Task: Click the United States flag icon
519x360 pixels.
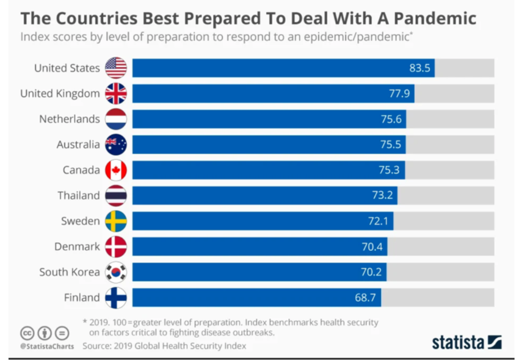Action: (x=116, y=68)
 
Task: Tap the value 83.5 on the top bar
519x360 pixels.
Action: (x=419, y=68)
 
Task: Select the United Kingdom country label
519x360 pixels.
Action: (x=60, y=93)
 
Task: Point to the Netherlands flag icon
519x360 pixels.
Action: (x=116, y=119)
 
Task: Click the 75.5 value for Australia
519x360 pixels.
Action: (x=391, y=145)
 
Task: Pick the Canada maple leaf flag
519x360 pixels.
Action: (x=116, y=170)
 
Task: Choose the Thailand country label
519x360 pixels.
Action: (x=78, y=195)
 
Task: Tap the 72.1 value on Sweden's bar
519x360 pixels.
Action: (x=378, y=221)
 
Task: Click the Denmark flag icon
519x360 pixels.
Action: (x=116, y=247)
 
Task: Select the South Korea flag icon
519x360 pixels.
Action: (x=116, y=272)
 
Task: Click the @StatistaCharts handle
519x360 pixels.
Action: (x=47, y=347)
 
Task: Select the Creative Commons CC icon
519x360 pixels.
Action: (x=27, y=333)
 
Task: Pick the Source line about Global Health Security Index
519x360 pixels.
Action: (x=164, y=346)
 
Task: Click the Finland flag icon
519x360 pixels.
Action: (x=116, y=298)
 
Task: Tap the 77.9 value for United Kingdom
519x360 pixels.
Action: (x=401, y=93)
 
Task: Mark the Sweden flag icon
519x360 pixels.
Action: (x=116, y=221)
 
